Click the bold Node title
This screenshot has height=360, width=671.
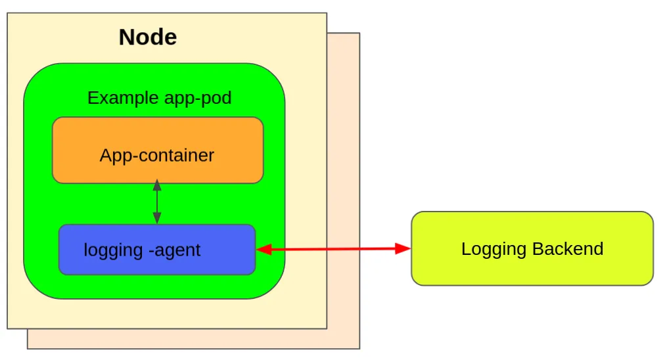tap(147, 37)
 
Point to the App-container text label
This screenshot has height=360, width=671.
tap(157, 156)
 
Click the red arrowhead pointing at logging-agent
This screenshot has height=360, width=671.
tap(264, 249)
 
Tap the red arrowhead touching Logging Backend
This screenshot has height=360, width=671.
tap(403, 248)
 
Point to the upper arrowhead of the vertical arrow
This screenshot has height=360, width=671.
tap(156, 185)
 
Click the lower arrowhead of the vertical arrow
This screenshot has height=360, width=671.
tap(156, 219)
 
